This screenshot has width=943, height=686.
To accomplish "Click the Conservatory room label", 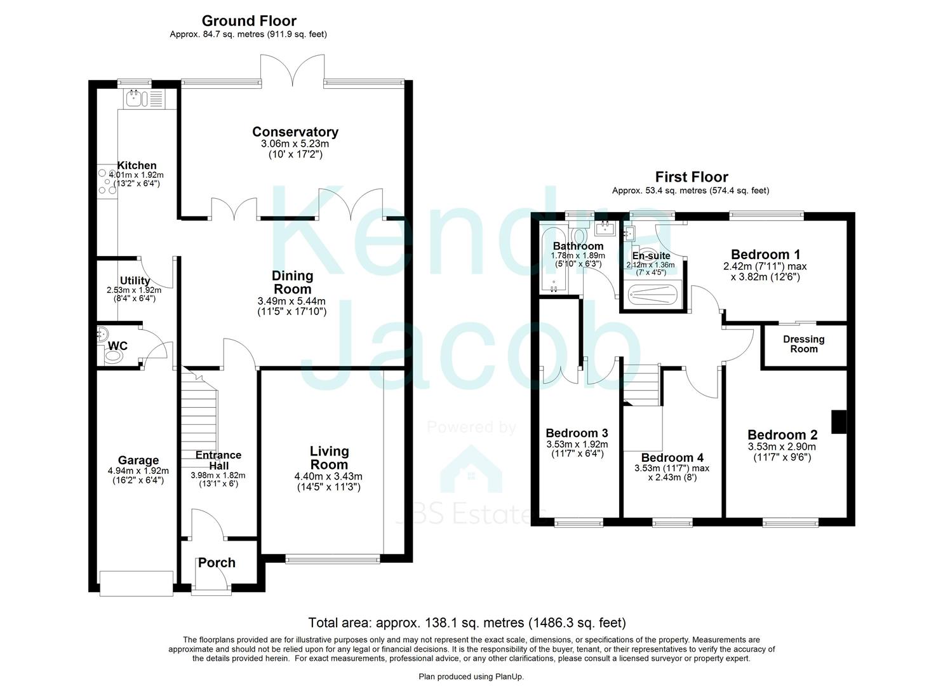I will pyautogui.click(x=295, y=132).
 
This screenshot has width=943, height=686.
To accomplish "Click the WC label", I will pyautogui.click(x=117, y=346).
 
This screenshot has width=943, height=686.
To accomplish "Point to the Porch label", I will pyautogui.click(x=217, y=563).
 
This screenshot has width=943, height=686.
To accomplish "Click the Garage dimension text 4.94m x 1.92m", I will pyautogui.click(x=138, y=471).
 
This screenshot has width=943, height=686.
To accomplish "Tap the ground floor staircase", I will pyautogui.click(x=199, y=413).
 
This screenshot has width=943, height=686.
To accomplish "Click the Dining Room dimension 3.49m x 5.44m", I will pyautogui.click(x=292, y=301).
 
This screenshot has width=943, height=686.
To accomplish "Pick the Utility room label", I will pyautogui.click(x=135, y=281).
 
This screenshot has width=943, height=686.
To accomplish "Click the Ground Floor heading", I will pyautogui.click(x=249, y=22).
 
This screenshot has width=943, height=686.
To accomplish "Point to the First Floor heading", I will pyautogui.click(x=691, y=177).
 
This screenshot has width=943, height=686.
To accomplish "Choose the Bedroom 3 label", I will pyautogui.click(x=576, y=434).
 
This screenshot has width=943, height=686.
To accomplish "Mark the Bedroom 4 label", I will pyautogui.click(x=672, y=458).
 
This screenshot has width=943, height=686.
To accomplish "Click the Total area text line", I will pyautogui.click(x=467, y=622).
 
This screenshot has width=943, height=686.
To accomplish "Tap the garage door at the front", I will pyautogui.click(x=136, y=583).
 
